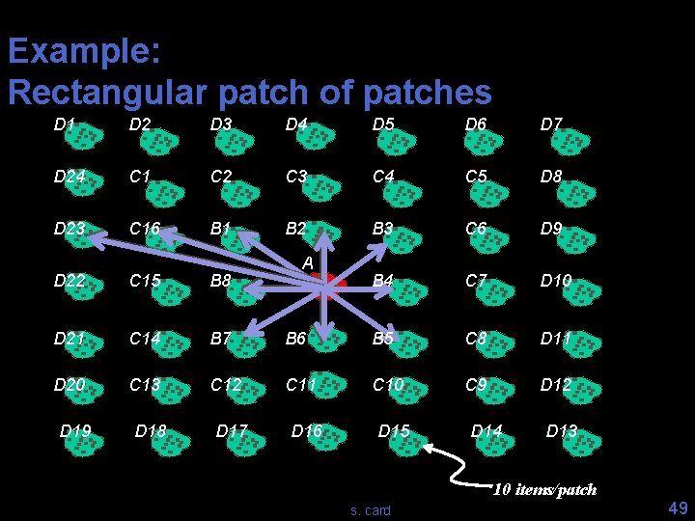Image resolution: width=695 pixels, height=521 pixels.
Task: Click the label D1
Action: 65,124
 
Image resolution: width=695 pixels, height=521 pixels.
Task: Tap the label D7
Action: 551,124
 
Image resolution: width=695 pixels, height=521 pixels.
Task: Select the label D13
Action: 561,431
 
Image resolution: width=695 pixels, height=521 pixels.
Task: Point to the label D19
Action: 75,431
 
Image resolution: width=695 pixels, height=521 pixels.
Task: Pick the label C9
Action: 475,385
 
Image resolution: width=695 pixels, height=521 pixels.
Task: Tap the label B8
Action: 220,282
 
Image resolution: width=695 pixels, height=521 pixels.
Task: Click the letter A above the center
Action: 307,262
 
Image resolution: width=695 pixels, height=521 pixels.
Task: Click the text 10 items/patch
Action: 544,489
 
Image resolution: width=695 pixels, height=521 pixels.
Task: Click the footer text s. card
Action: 372,510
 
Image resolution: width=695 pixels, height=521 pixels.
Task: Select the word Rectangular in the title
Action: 108,93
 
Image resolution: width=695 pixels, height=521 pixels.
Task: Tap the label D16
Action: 306,431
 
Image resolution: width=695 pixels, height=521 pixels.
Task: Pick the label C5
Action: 475,178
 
